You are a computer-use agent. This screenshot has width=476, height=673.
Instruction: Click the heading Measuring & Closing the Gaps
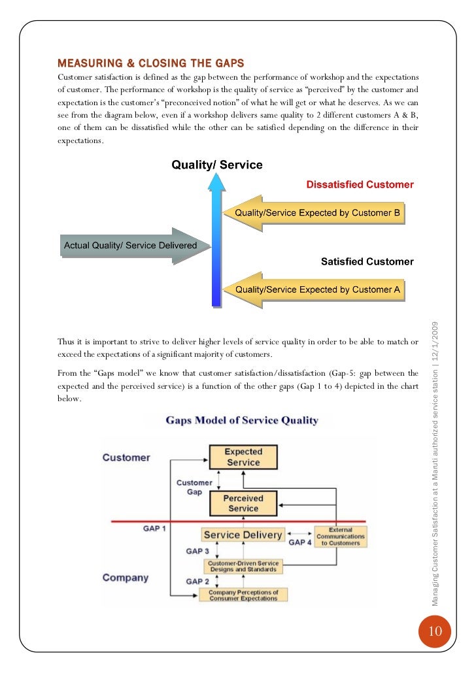click(x=151, y=63)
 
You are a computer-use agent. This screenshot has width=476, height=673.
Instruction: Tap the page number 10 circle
click(x=435, y=631)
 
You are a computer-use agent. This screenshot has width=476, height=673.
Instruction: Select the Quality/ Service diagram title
click(x=217, y=165)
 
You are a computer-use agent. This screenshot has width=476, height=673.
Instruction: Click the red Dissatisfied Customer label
click(x=360, y=185)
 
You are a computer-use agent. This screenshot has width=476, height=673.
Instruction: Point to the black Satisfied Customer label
click(x=367, y=262)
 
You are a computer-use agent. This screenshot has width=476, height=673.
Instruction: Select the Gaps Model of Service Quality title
click(x=242, y=420)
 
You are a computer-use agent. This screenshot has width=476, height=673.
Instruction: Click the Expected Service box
click(x=243, y=456)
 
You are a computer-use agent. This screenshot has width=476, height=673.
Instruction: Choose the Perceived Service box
click(x=243, y=502)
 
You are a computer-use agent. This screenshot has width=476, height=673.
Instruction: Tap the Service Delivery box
click(x=243, y=535)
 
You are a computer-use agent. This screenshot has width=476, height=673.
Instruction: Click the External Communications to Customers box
click(x=341, y=536)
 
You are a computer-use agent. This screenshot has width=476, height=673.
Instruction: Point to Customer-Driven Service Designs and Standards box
click(x=243, y=566)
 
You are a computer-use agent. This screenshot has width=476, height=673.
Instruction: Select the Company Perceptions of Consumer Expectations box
click(x=243, y=595)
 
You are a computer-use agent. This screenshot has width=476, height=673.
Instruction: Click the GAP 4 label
click(x=300, y=542)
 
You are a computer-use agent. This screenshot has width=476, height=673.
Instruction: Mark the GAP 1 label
click(x=154, y=528)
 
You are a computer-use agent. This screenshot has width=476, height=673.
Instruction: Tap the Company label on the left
click(x=126, y=578)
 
